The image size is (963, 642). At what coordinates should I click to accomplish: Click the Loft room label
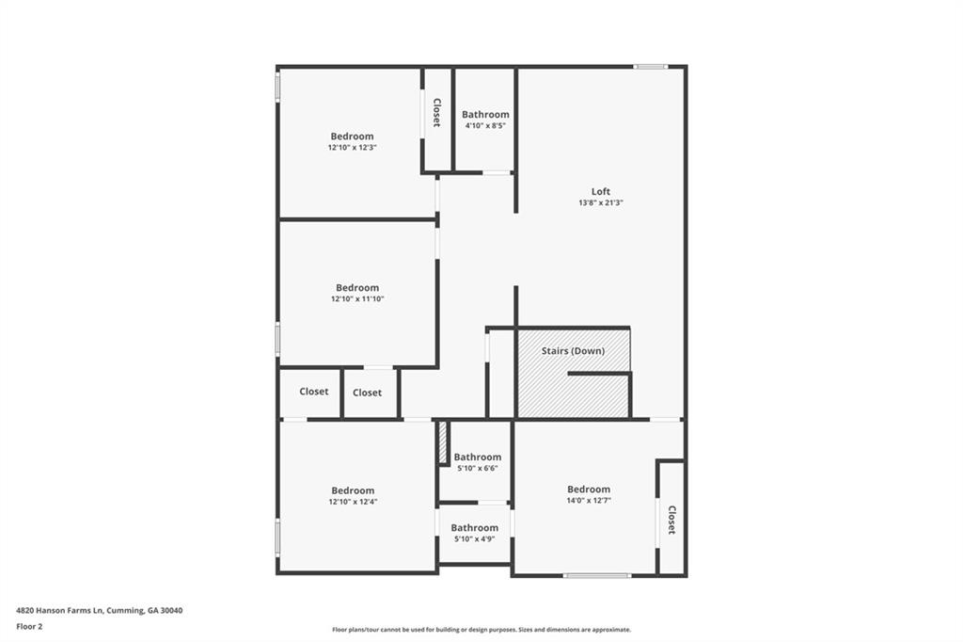[x=600, y=192]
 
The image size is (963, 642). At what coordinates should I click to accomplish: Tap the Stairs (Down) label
[x=573, y=351]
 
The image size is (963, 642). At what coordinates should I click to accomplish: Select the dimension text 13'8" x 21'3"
[x=601, y=203]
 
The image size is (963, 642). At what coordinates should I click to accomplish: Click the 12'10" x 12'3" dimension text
[x=352, y=148]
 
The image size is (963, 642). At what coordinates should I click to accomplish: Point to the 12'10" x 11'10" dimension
[x=357, y=299]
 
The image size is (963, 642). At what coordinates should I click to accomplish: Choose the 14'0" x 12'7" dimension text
[x=589, y=501]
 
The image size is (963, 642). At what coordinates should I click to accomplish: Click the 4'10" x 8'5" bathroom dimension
[x=485, y=126]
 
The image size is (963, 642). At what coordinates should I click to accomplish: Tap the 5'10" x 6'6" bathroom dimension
[x=478, y=469]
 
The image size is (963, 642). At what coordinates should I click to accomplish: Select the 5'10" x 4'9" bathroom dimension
[x=474, y=539]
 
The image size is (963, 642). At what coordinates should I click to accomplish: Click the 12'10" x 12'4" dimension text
[x=353, y=502]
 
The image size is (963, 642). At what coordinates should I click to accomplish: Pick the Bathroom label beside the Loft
[x=485, y=115]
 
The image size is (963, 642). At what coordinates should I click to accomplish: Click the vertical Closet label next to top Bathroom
[x=436, y=113]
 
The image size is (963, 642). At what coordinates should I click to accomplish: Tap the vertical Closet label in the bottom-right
[x=671, y=521]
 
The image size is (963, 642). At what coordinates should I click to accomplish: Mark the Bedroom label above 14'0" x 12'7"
[x=589, y=490]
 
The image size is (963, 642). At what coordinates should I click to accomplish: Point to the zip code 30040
[x=171, y=611]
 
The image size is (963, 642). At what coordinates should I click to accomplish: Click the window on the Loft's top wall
[x=650, y=67]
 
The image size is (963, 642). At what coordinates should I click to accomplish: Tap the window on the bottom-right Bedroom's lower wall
[x=596, y=575]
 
